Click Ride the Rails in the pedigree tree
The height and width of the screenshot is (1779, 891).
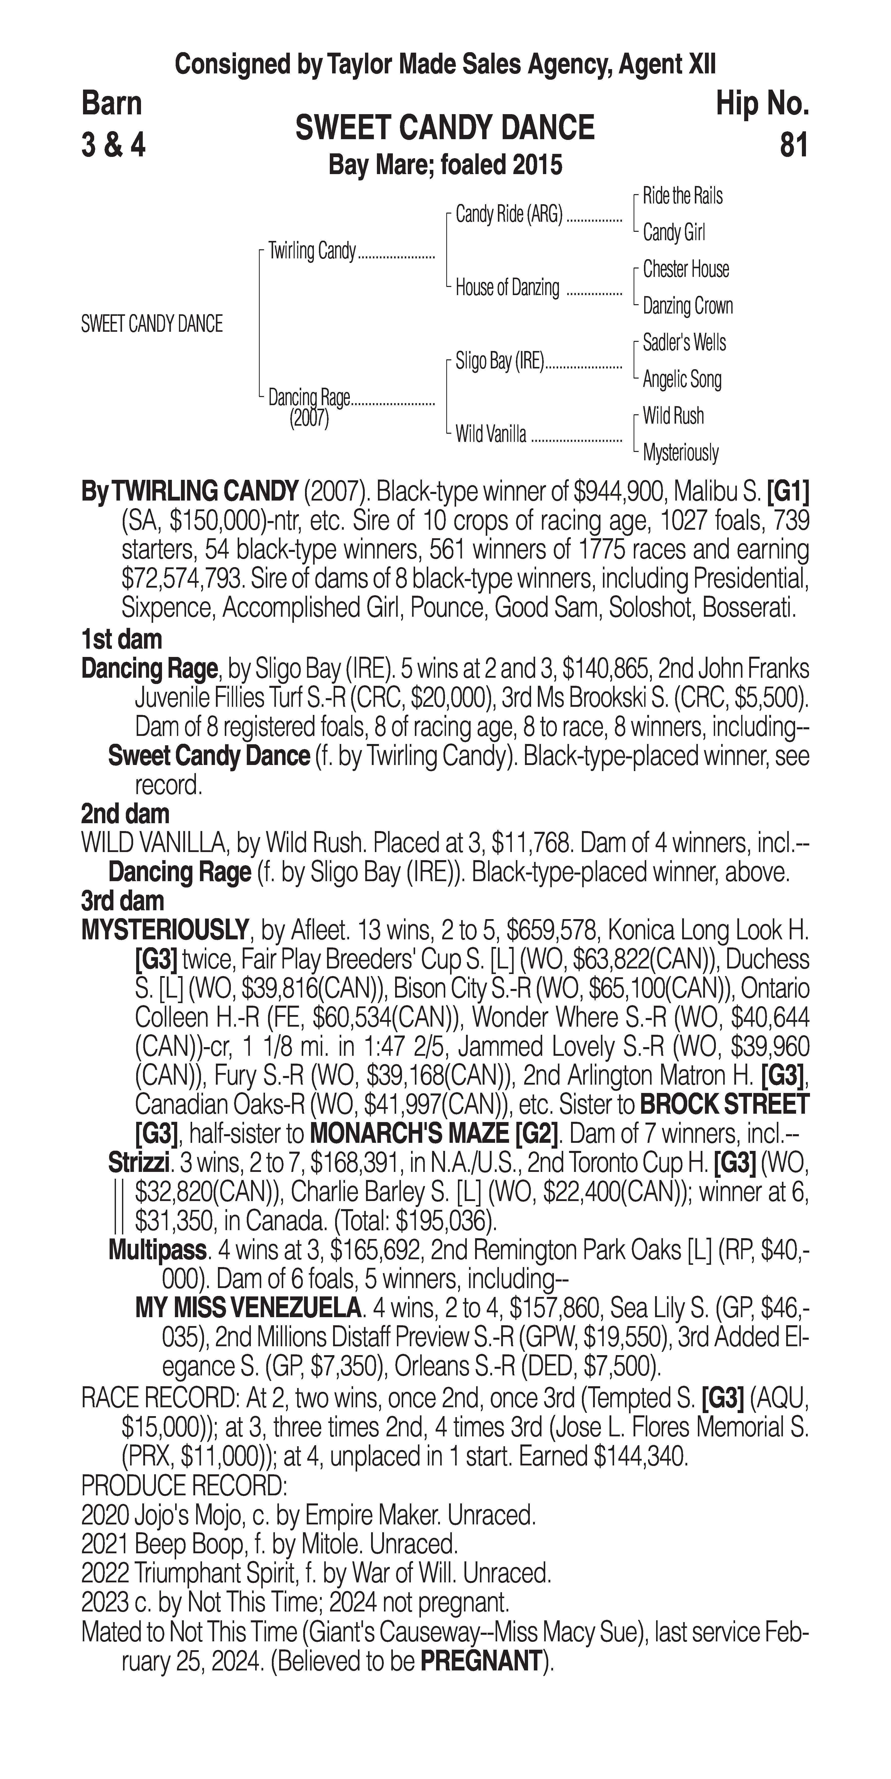(x=682, y=196)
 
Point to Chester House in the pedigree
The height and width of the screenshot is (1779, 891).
(x=686, y=269)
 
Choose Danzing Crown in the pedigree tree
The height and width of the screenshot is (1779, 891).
(x=688, y=306)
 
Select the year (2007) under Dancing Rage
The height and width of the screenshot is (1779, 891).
(x=309, y=419)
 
